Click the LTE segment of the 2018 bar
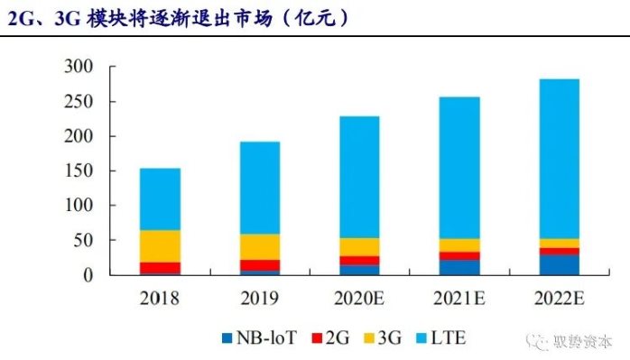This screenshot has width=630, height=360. coord(160,199)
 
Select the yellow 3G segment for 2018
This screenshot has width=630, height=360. coord(160,246)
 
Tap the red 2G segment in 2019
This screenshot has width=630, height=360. coord(260,265)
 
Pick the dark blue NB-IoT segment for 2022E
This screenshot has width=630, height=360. coord(560,265)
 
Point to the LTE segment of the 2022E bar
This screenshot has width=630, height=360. coord(560,159)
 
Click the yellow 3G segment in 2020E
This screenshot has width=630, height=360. coord(359,247)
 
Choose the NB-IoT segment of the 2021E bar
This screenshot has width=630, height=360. coord(459,268)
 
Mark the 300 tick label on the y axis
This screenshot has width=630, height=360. coord(79,66)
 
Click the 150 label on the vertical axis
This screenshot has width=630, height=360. coord(79,171)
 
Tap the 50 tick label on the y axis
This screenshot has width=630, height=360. coord(84,240)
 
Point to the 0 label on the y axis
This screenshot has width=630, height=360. coord(88,275)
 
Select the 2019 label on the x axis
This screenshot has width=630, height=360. coord(260,299)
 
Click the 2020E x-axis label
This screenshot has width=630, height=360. coord(359,299)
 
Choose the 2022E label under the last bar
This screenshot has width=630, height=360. coord(560,299)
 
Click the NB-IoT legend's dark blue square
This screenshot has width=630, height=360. coord(227,338)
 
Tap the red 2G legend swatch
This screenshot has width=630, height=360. coord(317,338)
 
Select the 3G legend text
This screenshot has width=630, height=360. coord(389,338)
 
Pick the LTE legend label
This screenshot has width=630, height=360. coord(448,338)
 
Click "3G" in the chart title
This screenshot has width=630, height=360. coord(68,18)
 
